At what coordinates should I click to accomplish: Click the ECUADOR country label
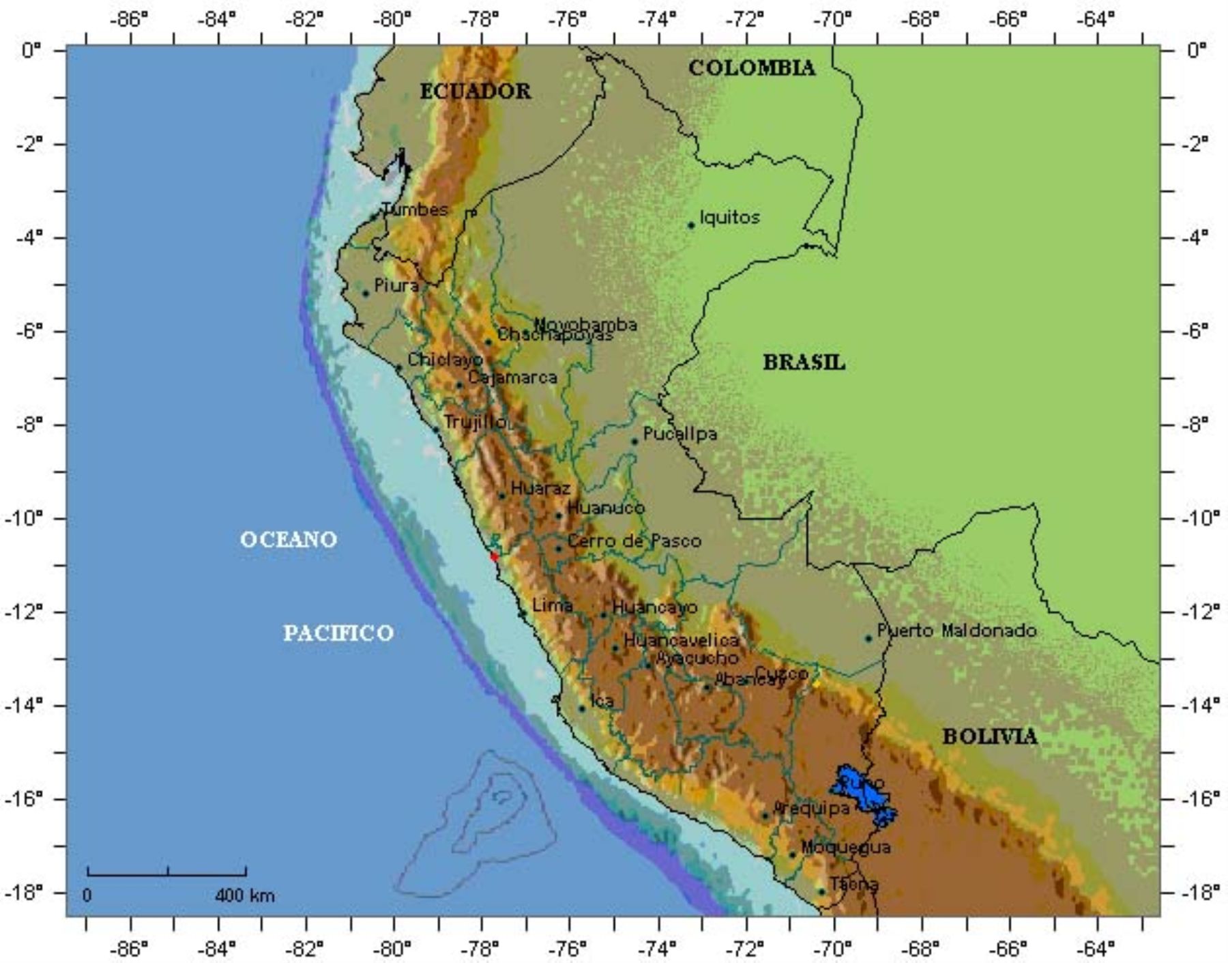(x=475, y=91)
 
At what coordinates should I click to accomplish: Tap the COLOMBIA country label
(x=751, y=68)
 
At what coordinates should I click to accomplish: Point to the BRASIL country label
(x=804, y=362)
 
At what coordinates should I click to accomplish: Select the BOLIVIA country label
(x=989, y=736)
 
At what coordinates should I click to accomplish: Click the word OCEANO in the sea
(x=288, y=540)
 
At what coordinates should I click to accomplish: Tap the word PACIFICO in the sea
(x=338, y=633)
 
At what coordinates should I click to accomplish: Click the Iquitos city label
(x=729, y=218)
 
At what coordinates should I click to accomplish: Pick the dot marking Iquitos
(x=691, y=225)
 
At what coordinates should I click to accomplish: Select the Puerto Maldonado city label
(x=956, y=631)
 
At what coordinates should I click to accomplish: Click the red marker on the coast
(x=494, y=556)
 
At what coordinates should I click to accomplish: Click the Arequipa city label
(x=812, y=809)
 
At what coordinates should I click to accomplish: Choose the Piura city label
(x=396, y=285)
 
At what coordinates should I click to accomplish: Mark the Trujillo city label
(x=475, y=422)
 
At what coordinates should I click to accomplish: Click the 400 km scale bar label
(x=244, y=895)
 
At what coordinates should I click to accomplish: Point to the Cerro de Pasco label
(x=634, y=541)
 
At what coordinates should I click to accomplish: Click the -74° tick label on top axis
(x=657, y=20)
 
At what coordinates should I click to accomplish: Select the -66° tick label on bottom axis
(x=1008, y=949)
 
